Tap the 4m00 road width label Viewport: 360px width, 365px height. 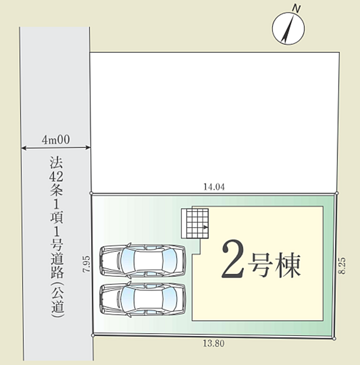tap(56, 139)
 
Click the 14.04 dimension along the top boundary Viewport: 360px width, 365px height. tap(214, 187)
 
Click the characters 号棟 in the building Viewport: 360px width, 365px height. tap(275, 266)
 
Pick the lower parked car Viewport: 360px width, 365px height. tap(143, 299)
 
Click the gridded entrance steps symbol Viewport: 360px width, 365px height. tap(197, 222)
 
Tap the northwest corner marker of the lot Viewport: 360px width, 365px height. tap(92, 193)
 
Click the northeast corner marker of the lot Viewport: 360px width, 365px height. tap(336, 193)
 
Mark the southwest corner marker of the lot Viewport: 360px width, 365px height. tap(92, 335)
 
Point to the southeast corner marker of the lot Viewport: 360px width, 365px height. tap(335, 338)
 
